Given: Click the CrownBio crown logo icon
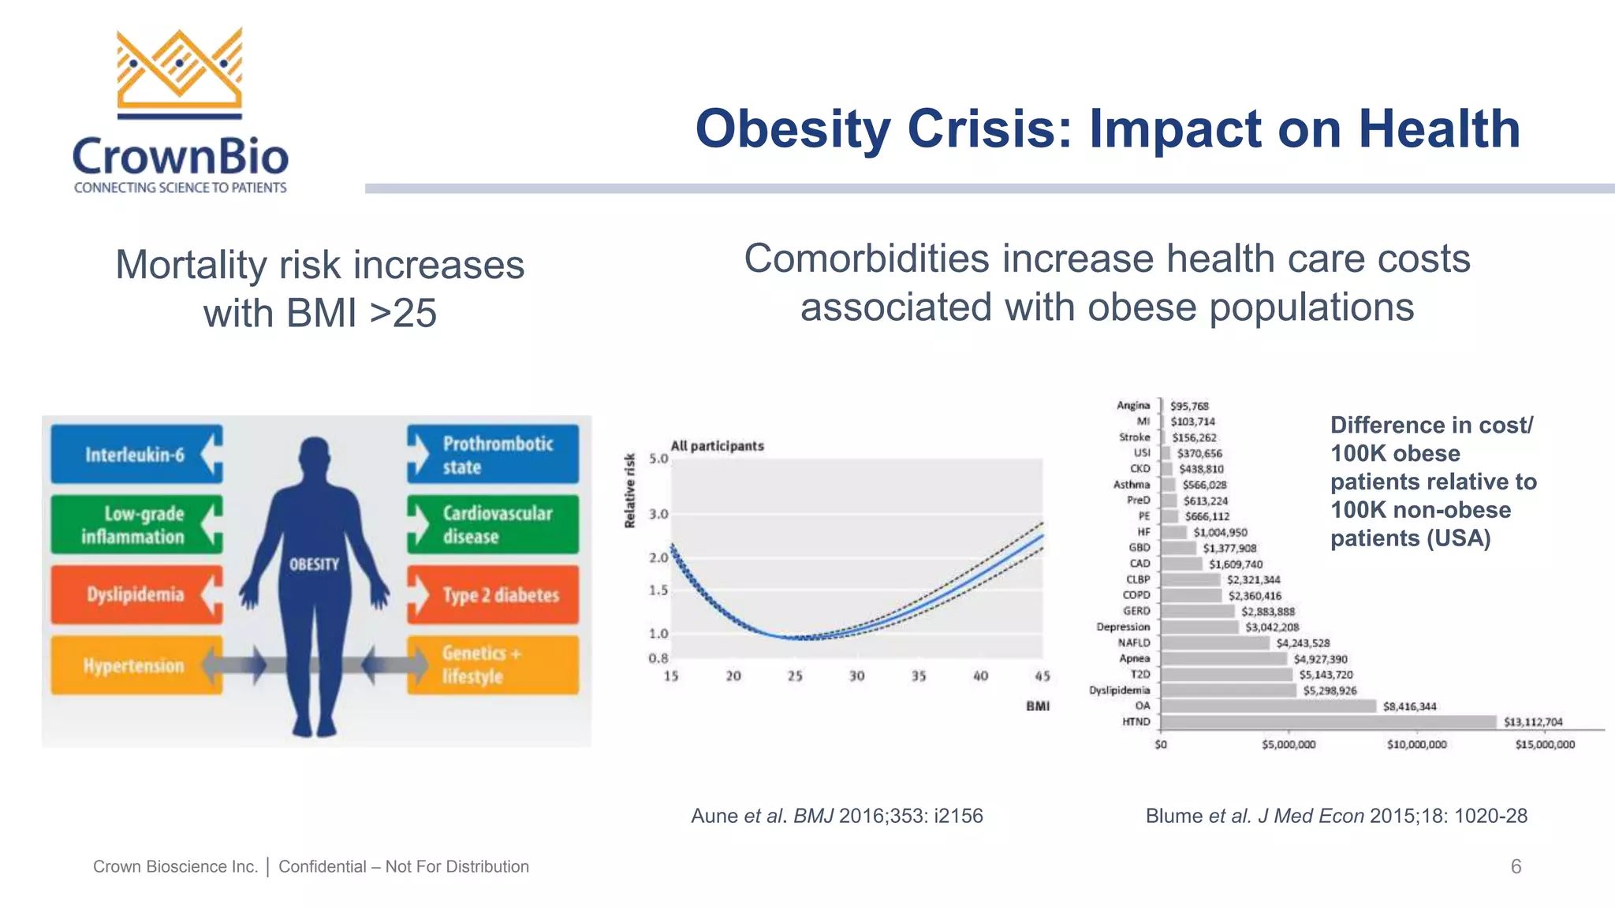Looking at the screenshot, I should (x=180, y=73).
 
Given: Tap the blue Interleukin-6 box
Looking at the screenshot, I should (x=136, y=454).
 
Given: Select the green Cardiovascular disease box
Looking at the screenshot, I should (x=494, y=524).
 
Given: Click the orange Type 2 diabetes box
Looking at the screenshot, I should (x=494, y=595).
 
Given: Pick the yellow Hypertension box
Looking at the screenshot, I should (x=134, y=666).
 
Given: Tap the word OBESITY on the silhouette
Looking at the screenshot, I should (x=314, y=564).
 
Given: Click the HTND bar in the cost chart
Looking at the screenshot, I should (x=1328, y=722).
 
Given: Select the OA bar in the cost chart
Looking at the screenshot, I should (x=1268, y=706).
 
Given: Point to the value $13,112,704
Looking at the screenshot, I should (x=1533, y=722).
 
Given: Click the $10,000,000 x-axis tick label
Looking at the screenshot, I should (x=1417, y=745).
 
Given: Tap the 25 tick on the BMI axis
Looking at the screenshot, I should (x=795, y=676).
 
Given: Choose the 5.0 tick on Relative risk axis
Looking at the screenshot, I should (x=658, y=459).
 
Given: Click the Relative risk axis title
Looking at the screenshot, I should (x=630, y=490).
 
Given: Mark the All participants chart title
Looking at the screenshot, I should (x=717, y=446).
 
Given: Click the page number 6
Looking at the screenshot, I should (x=1516, y=867).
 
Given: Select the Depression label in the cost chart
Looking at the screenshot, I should (x=1123, y=627).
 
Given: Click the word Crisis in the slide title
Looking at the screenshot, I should (x=990, y=128).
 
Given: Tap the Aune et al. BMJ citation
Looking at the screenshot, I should (x=837, y=816).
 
